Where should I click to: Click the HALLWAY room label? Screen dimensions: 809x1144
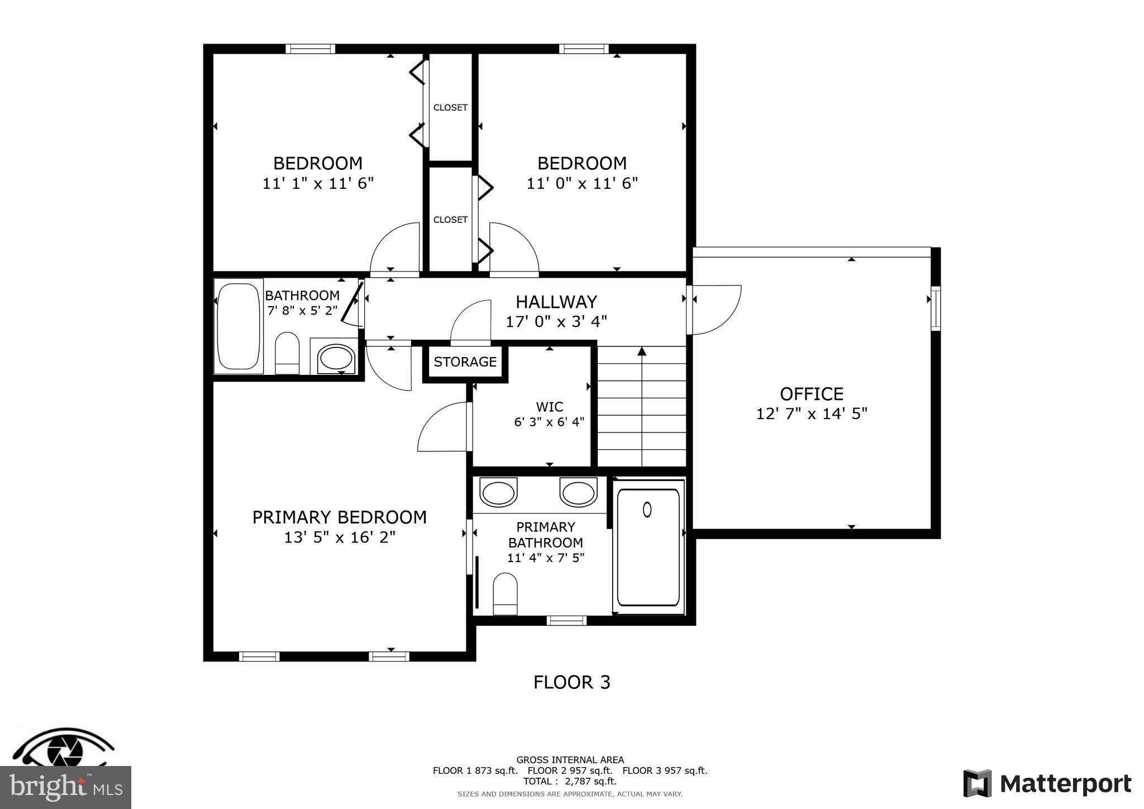[556, 302]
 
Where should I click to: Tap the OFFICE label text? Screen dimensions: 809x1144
[811, 394]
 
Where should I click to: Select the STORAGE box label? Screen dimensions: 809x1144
[465, 362]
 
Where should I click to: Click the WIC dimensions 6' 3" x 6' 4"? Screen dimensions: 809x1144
[549, 422]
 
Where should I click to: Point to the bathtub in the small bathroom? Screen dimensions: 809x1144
[239, 326]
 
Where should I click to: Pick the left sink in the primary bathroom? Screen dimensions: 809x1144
[498, 493]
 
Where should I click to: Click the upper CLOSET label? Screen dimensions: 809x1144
[450, 108]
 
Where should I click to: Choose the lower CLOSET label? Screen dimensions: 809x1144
[450, 220]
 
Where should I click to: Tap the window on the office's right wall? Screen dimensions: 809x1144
[935, 308]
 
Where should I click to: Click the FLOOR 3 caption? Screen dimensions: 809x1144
[571, 682]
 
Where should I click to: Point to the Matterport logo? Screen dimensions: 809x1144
[1047, 783]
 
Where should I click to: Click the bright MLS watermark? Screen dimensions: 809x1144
[65, 787]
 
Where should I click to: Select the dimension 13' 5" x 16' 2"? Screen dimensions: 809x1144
[340, 537]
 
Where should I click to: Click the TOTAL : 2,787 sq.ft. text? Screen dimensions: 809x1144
[570, 781]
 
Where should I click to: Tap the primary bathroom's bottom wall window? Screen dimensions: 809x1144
[566, 620]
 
